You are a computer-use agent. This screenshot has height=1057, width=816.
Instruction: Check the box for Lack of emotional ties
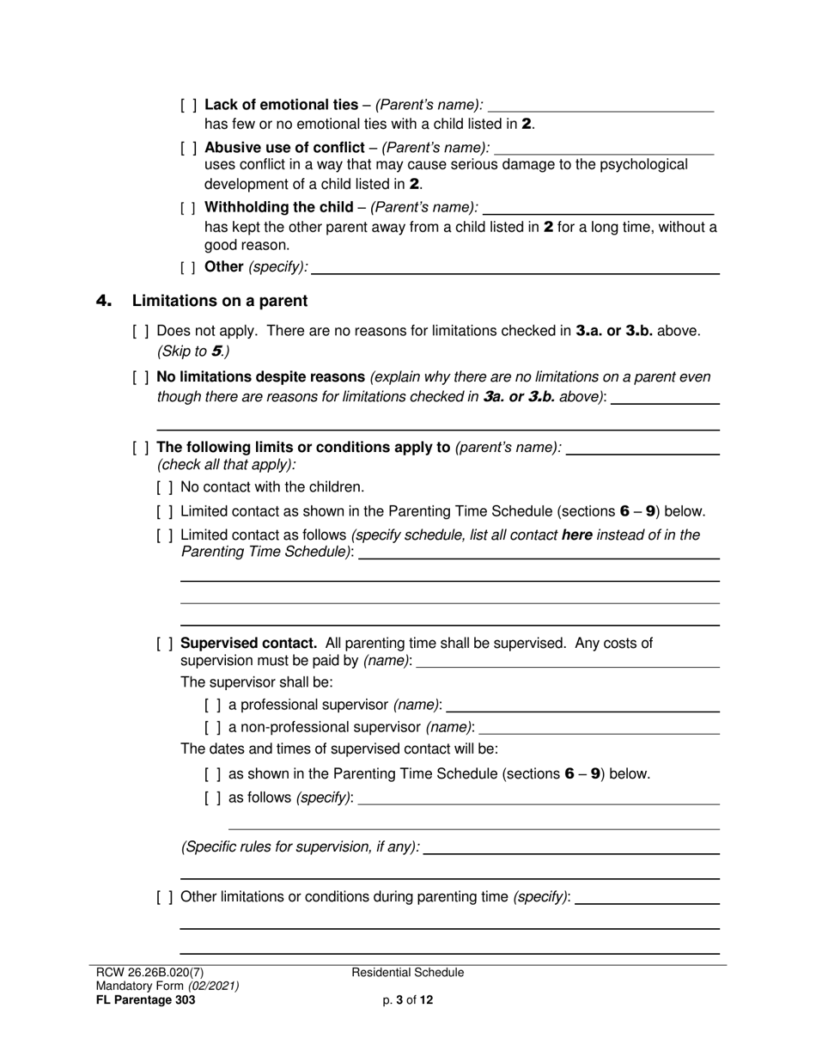[189, 106]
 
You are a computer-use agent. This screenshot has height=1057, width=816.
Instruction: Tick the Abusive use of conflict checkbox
[189, 147]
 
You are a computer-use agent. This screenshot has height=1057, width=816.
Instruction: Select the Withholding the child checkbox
[189, 208]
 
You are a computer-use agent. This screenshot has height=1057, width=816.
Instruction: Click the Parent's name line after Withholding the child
[599, 209]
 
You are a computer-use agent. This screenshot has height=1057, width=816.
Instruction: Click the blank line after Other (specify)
[515, 268]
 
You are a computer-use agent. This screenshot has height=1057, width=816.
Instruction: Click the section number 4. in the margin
[104, 301]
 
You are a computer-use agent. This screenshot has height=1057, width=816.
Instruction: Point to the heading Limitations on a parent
[219, 301]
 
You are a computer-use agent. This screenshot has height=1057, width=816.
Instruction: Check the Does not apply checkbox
[142, 331]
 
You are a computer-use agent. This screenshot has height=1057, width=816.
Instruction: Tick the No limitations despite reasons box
[142, 377]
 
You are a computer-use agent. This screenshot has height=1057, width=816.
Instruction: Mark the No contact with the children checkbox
[166, 487]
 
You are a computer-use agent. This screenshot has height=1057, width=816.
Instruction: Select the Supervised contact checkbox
[166, 644]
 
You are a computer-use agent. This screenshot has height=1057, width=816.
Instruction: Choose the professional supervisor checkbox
[213, 706]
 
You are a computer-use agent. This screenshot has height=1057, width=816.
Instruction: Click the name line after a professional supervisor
[582, 706]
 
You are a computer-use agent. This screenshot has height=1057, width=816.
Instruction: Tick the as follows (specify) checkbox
[213, 798]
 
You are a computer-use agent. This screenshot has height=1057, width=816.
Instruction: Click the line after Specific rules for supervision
[571, 848]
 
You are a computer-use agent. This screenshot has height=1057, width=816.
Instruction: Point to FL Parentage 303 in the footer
[145, 1000]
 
